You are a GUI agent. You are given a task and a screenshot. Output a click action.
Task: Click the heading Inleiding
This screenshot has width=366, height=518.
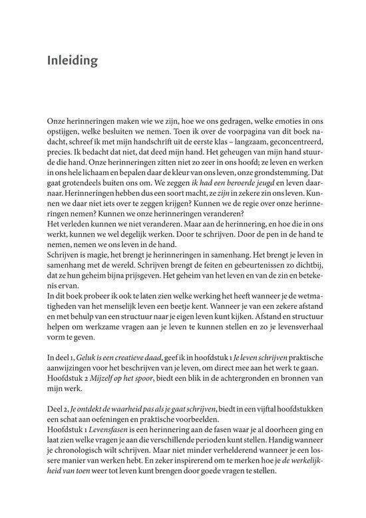73,61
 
